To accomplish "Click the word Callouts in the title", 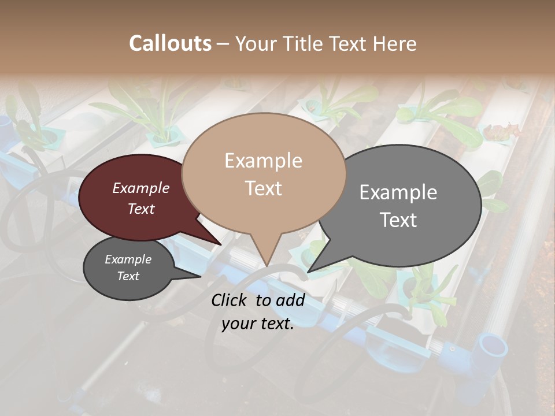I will click(x=170, y=43).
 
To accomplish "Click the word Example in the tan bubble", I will click(x=263, y=160).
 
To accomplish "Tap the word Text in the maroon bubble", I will click(x=141, y=209).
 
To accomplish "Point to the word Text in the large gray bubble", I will click(x=398, y=220).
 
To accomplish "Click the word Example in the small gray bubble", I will click(x=128, y=259).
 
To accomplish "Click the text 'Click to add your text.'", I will click(x=258, y=312).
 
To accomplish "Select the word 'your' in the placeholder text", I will click(x=238, y=324).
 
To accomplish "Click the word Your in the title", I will click(x=254, y=43).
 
